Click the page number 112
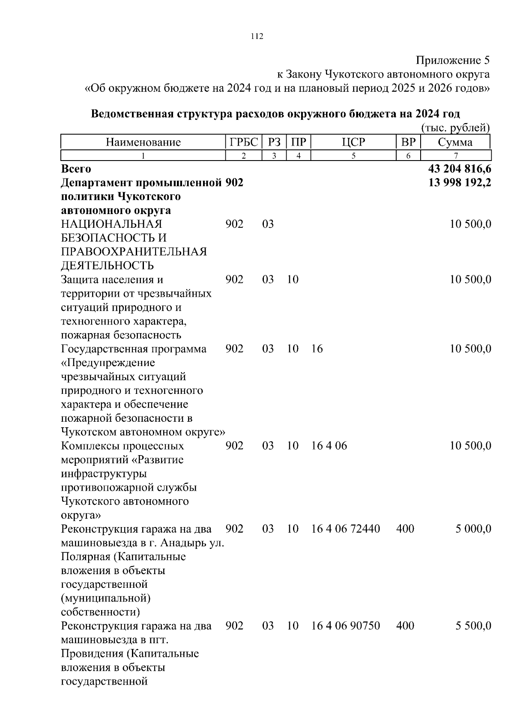(x=257, y=36)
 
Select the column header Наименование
(x=143, y=142)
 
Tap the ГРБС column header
(x=244, y=142)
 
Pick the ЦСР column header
(x=353, y=142)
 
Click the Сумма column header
(x=455, y=142)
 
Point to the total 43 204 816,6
(x=460, y=169)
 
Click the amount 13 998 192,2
(x=460, y=183)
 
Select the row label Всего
(x=76, y=169)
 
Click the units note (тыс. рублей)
(x=455, y=128)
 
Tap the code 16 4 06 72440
(x=345, y=529)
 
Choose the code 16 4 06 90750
(x=345, y=626)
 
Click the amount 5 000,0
(x=473, y=529)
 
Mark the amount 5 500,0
(x=473, y=626)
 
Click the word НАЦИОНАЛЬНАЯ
(x=111, y=224)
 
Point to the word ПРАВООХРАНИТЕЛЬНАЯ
(x=134, y=252)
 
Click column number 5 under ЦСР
(x=353, y=156)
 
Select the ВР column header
(x=408, y=142)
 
